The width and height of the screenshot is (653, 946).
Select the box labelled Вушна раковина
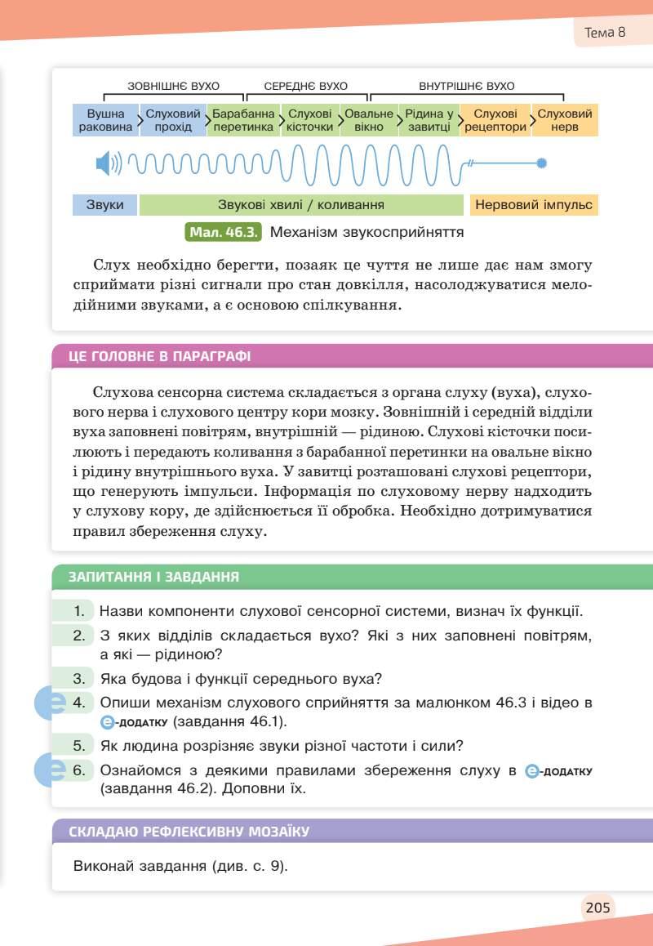(x=106, y=120)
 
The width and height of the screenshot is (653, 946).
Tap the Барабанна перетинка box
(x=243, y=120)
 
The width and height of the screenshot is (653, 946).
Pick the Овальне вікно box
(x=369, y=120)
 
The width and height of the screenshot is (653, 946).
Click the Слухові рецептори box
(x=495, y=120)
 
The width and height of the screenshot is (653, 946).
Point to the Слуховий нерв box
(x=565, y=120)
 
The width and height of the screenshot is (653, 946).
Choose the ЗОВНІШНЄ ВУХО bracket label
(x=173, y=86)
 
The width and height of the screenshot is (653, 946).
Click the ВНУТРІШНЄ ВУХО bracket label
(x=467, y=86)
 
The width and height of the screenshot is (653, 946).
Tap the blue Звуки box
(x=104, y=205)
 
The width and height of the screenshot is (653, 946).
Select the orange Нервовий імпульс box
(x=534, y=205)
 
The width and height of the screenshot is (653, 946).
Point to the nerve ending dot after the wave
(x=541, y=163)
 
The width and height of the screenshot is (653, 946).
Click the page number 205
(x=597, y=906)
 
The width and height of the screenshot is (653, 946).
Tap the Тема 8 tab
(x=605, y=33)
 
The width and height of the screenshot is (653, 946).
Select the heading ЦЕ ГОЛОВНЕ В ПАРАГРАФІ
(x=160, y=356)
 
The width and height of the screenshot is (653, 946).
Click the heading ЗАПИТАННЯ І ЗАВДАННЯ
(x=154, y=577)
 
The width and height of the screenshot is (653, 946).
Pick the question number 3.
(x=79, y=678)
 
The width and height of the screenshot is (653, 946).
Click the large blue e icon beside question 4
(x=51, y=703)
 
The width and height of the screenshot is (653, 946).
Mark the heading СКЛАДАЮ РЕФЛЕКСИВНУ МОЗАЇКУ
(x=189, y=832)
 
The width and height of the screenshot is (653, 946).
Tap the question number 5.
(x=79, y=745)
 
